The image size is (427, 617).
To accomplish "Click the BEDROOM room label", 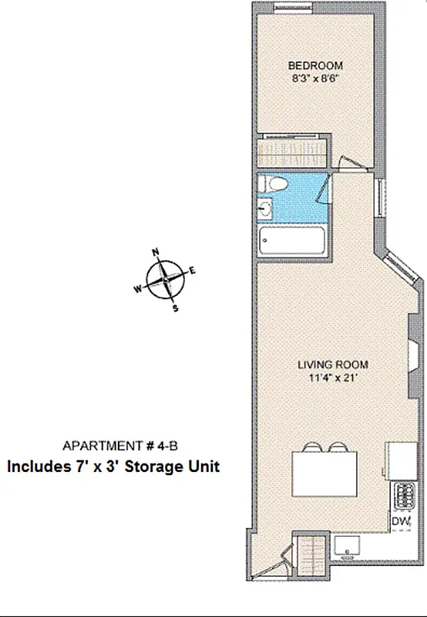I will (315, 66).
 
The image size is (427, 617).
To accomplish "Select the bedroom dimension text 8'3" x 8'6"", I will (315, 79).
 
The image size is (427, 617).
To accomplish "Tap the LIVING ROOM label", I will (333, 365).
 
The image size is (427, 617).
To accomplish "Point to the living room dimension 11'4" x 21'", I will (333, 378).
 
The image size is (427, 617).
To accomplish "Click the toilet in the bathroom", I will (273, 184).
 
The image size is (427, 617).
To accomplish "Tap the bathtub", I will (294, 241).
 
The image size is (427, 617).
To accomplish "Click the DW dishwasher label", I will (399, 522).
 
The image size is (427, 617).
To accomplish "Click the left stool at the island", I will (313, 447).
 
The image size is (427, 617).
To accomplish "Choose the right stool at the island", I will (337, 447).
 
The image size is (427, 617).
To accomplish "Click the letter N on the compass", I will (156, 252).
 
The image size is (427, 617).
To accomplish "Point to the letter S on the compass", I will (175, 308).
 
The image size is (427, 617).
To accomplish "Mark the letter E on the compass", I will (193, 270).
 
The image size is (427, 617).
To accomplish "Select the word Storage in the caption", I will (153, 467).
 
